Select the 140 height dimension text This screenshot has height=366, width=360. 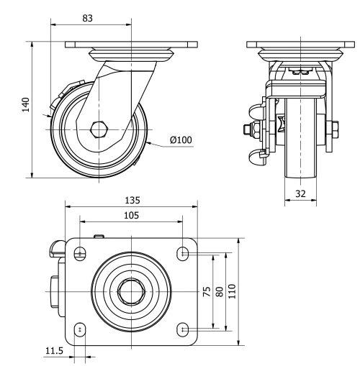click(x=26, y=105)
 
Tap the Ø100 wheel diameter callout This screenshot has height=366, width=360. click(x=181, y=139)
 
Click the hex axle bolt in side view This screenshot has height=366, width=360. click(x=99, y=130)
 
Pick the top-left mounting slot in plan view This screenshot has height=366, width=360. click(x=79, y=253)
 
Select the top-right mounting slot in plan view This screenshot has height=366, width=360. click(x=185, y=253)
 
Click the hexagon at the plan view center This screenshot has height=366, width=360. click(x=132, y=291)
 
